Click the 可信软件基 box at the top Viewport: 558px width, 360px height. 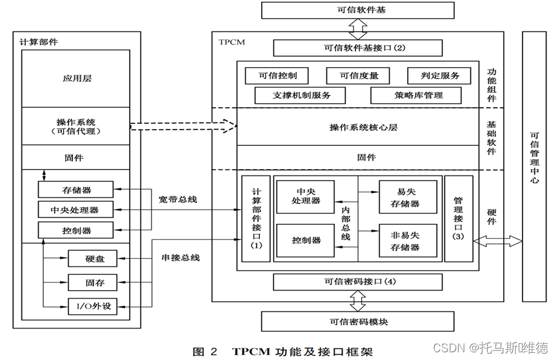(358, 10)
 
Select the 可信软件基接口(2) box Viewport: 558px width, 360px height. (358, 48)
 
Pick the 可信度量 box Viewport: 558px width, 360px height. (359, 75)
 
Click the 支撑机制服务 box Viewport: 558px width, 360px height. (300, 95)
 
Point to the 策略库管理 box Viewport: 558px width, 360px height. (415, 95)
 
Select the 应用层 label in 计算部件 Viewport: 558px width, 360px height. (77, 78)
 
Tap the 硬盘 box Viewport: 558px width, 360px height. (92, 259)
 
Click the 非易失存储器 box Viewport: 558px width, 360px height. (408, 241)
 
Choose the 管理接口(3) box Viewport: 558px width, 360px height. (459, 218)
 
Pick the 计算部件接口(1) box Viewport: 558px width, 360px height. (256, 218)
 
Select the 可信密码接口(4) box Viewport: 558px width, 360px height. (358, 282)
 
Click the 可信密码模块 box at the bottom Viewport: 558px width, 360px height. (358, 321)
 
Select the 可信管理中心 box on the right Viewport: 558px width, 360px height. (533, 158)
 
